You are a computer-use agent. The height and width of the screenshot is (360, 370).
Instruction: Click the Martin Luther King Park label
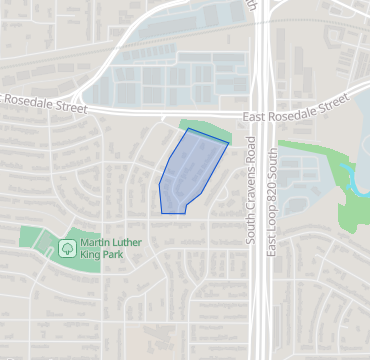point(110,247)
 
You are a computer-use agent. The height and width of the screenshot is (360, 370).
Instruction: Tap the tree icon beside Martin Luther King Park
point(67,247)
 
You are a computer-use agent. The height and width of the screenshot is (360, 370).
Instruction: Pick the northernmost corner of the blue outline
point(187,128)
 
